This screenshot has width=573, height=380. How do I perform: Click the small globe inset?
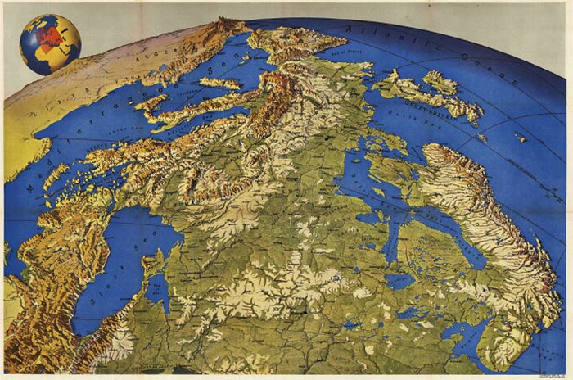49,43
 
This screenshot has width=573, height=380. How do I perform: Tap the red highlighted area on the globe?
51,34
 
